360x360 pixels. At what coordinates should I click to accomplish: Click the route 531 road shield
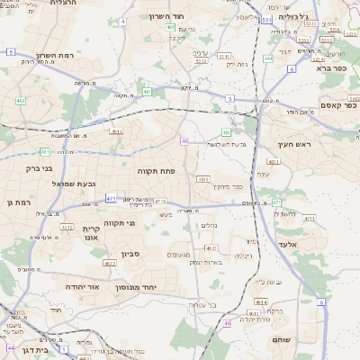(265, 19)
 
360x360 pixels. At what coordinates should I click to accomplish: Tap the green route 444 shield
(269, 58)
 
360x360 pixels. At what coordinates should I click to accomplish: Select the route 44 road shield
(11, 346)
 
